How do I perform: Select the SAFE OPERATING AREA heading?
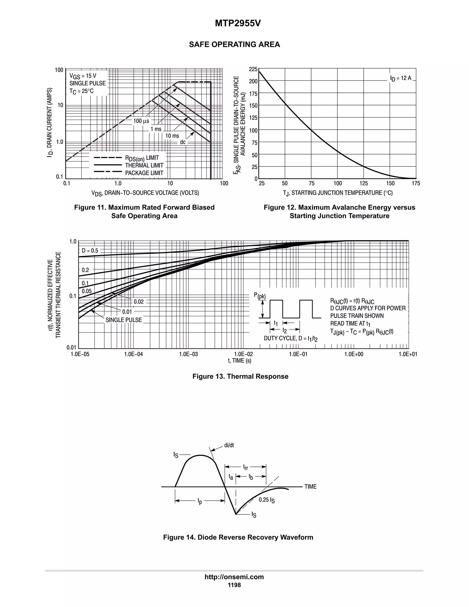pos(234,44)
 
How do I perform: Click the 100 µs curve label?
pos(141,121)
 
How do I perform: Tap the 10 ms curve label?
pos(172,136)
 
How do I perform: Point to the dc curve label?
pos(183,142)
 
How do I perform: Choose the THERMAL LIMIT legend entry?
pos(144,165)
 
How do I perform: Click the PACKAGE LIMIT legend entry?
pos(144,173)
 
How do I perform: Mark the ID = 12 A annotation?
pos(400,78)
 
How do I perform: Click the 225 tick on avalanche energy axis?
pos(253,69)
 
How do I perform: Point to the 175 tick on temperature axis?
pos(416,183)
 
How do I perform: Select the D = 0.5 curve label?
pos(90,250)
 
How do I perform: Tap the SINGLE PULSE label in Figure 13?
pos(124,320)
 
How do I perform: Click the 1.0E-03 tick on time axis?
pos(188,354)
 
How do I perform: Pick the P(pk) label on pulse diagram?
pos(260,296)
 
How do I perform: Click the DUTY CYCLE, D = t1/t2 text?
pos(291,339)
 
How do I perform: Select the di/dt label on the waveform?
pos(229,445)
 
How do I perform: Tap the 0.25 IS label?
pos(267,500)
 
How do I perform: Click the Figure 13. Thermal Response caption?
pos(240,376)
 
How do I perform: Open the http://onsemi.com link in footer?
pos(234,577)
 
